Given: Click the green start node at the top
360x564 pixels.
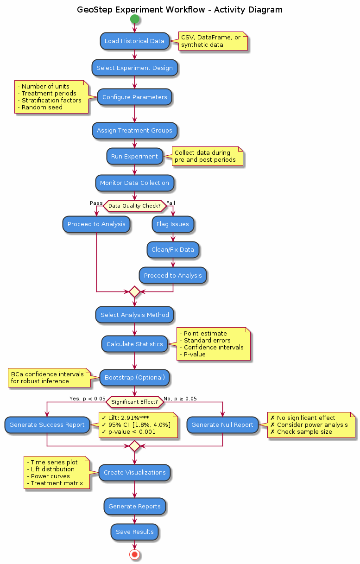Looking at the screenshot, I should tap(135, 19).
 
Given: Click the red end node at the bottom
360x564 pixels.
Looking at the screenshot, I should tap(135, 554).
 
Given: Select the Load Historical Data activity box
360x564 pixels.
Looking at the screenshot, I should tap(134, 41).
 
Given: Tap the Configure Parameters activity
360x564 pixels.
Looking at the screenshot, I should tap(134, 97).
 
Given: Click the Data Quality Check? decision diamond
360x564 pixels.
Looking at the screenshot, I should tap(134, 205).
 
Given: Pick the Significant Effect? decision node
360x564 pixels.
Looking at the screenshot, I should tap(134, 402).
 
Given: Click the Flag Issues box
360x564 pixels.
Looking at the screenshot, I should tap(173, 224).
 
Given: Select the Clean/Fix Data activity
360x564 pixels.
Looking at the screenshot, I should tap(173, 250).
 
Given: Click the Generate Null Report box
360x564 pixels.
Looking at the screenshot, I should tap(222, 425).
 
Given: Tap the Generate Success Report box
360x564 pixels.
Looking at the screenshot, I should tap(47, 425).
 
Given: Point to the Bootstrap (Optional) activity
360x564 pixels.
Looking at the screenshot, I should tap(134, 378).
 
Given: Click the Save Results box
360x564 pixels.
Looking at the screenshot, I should tap(134, 532).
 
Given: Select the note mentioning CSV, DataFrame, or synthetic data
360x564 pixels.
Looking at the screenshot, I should tap(210, 41).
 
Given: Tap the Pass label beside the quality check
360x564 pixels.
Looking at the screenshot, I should tap(96, 203).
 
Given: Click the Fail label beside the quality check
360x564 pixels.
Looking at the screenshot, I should tap(171, 203).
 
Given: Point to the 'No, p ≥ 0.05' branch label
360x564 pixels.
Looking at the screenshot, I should tap(180, 399).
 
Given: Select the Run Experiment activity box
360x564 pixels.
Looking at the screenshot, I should tap(134, 157).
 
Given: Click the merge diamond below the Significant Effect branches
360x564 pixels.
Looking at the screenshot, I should tap(134, 446).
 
